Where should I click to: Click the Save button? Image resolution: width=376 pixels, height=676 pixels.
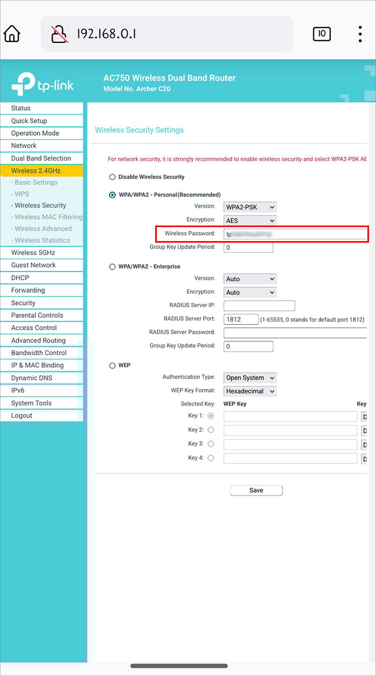[x=256, y=490]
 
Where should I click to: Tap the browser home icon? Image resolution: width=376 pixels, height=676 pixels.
[x=12, y=34]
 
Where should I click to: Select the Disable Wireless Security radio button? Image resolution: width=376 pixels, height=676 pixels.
[x=112, y=177]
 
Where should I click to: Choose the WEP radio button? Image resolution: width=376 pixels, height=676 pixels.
[x=112, y=366]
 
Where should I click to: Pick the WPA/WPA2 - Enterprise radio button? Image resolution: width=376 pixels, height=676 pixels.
[x=112, y=267]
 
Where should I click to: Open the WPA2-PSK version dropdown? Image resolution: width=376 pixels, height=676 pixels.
[x=250, y=207]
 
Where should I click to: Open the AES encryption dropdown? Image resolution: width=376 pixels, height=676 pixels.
[x=250, y=220]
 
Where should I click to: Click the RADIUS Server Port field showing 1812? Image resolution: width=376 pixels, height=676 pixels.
[x=241, y=319]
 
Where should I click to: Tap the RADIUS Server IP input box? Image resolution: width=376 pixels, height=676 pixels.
[x=259, y=306]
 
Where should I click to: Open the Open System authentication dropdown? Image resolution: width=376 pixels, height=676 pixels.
[x=250, y=378]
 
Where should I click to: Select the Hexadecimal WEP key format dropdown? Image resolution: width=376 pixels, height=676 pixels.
[x=250, y=391]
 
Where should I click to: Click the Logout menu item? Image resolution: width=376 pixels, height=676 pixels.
[x=22, y=416]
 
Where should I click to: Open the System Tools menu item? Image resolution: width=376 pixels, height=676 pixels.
[x=31, y=403]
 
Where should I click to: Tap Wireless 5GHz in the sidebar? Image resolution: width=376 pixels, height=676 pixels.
[x=33, y=253]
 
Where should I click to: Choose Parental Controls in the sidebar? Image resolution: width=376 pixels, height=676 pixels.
[x=37, y=315]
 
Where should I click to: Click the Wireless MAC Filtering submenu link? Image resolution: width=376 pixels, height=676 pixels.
[x=48, y=217]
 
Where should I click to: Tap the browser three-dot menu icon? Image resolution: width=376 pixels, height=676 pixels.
[x=360, y=34]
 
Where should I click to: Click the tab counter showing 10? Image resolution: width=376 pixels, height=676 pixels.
[x=322, y=34]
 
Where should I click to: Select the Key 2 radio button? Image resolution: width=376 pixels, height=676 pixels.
[x=211, y=430]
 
